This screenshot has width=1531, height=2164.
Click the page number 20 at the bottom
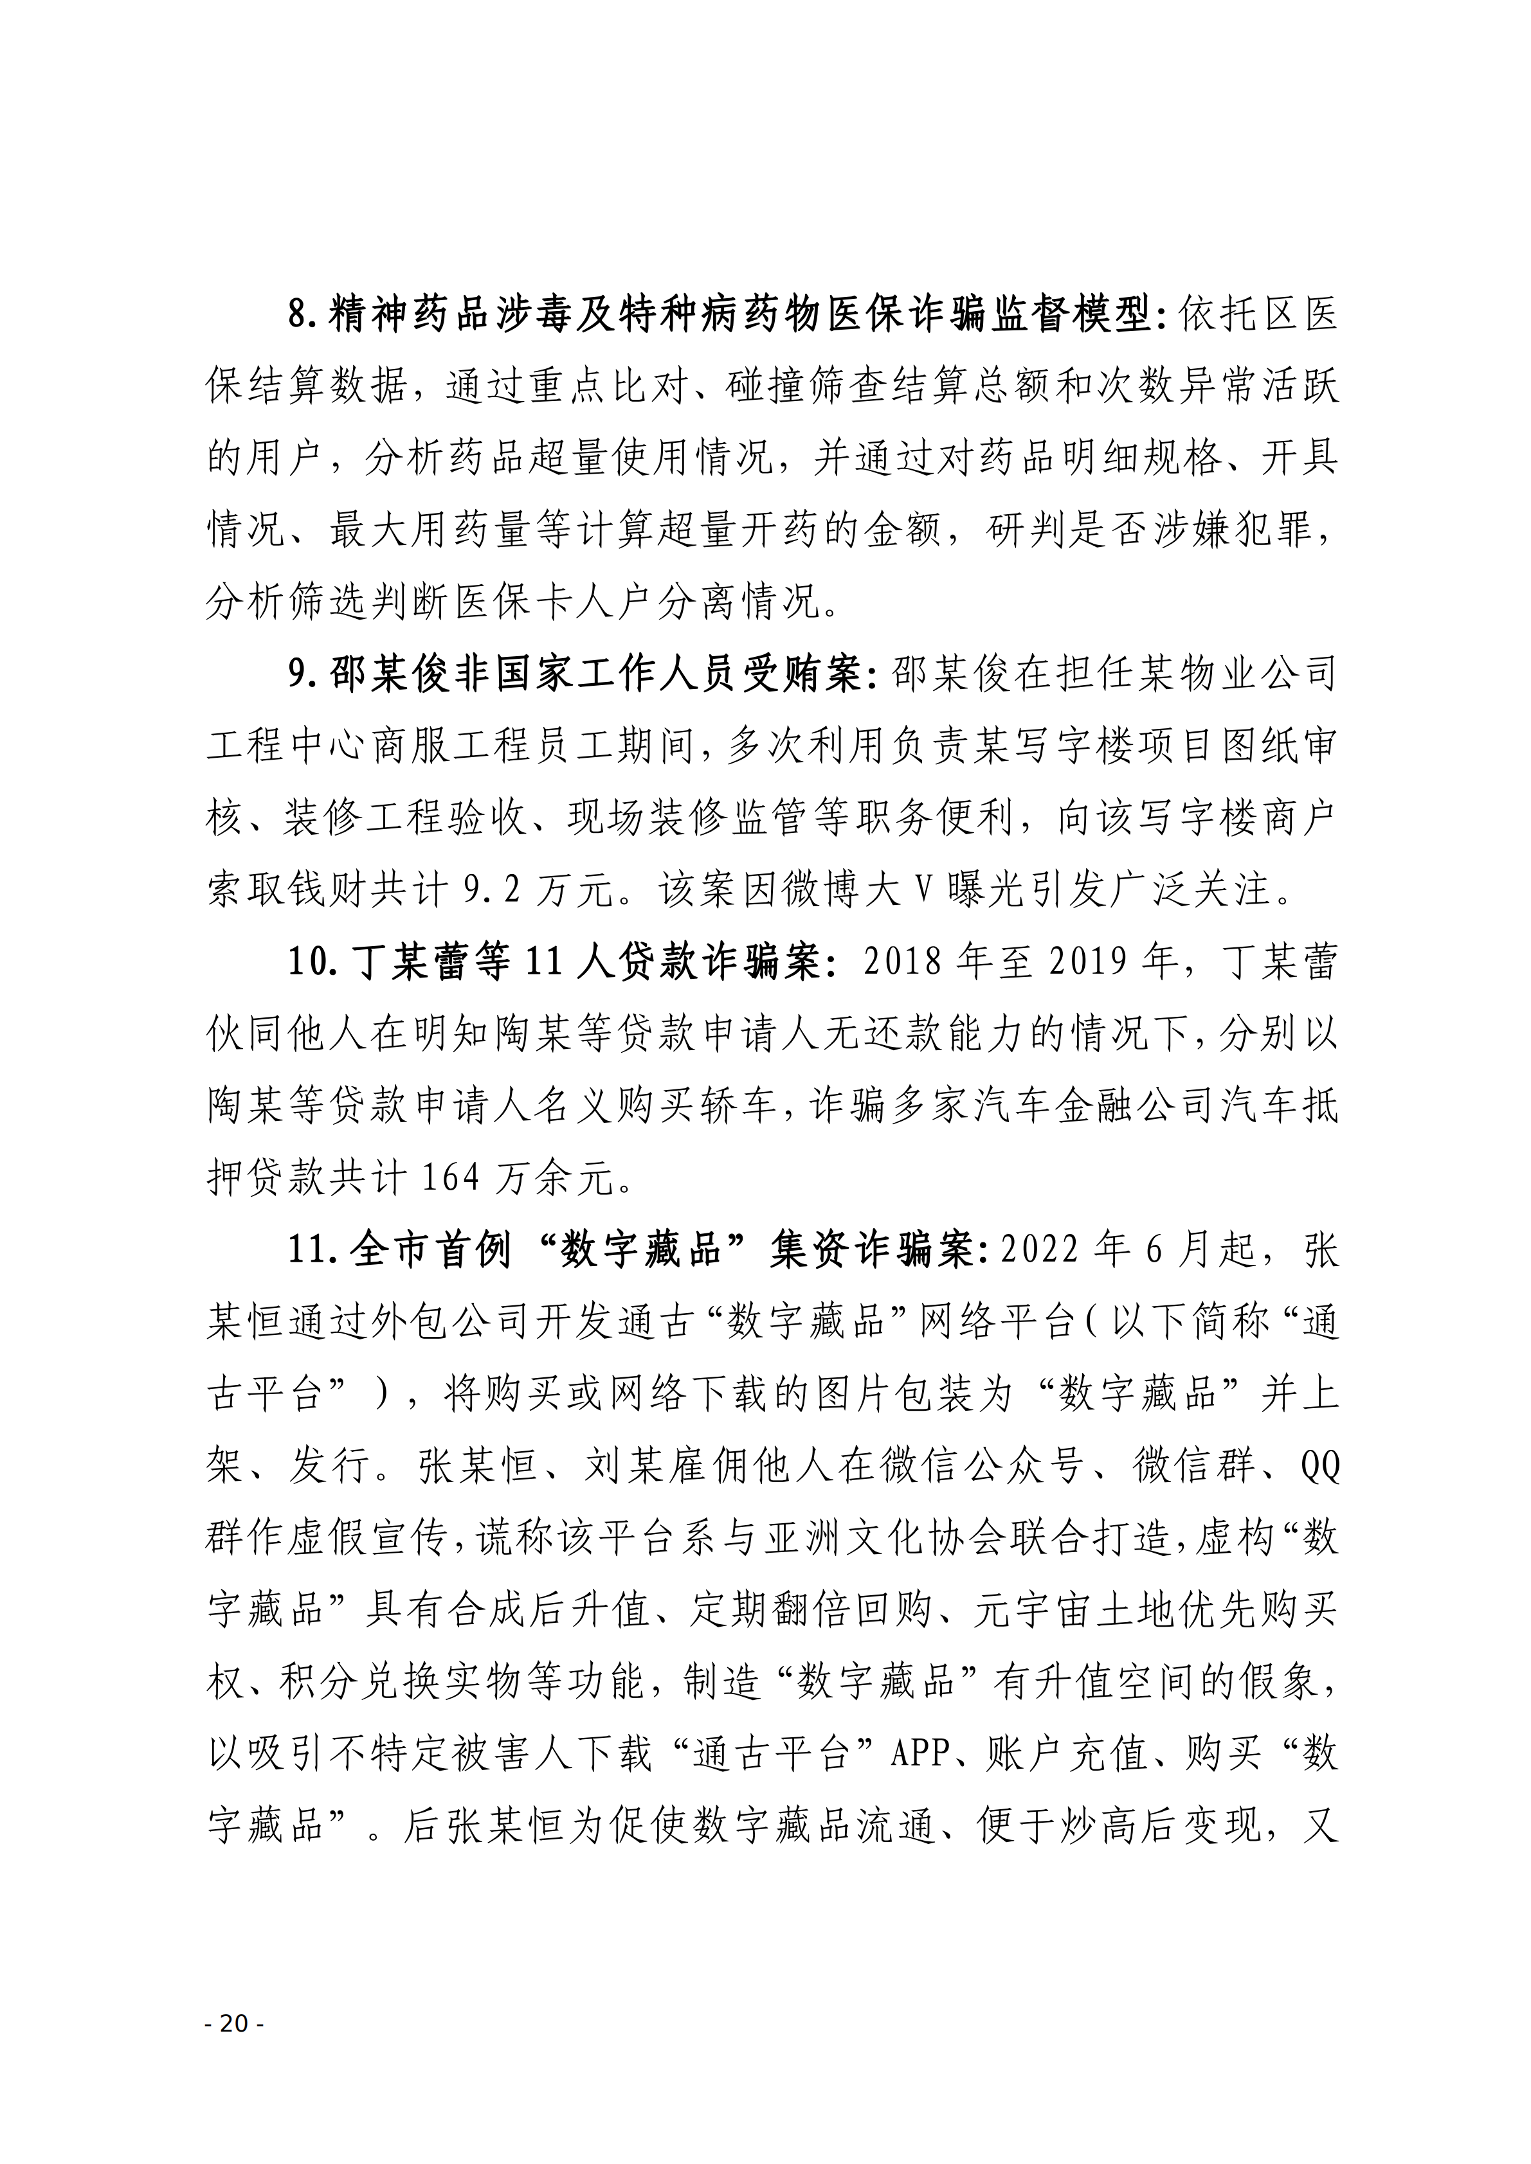(235, 2023)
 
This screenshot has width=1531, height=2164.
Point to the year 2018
(902, 960)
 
